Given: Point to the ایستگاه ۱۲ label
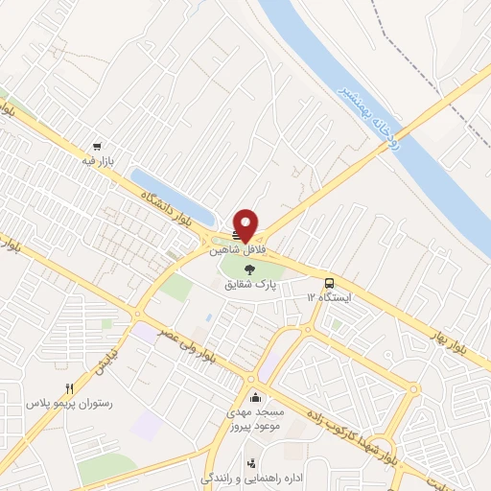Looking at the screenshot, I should pyautogui.click(x=330, y=298).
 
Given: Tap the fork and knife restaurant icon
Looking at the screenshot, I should pyautogui.click(x=68, y=388).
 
